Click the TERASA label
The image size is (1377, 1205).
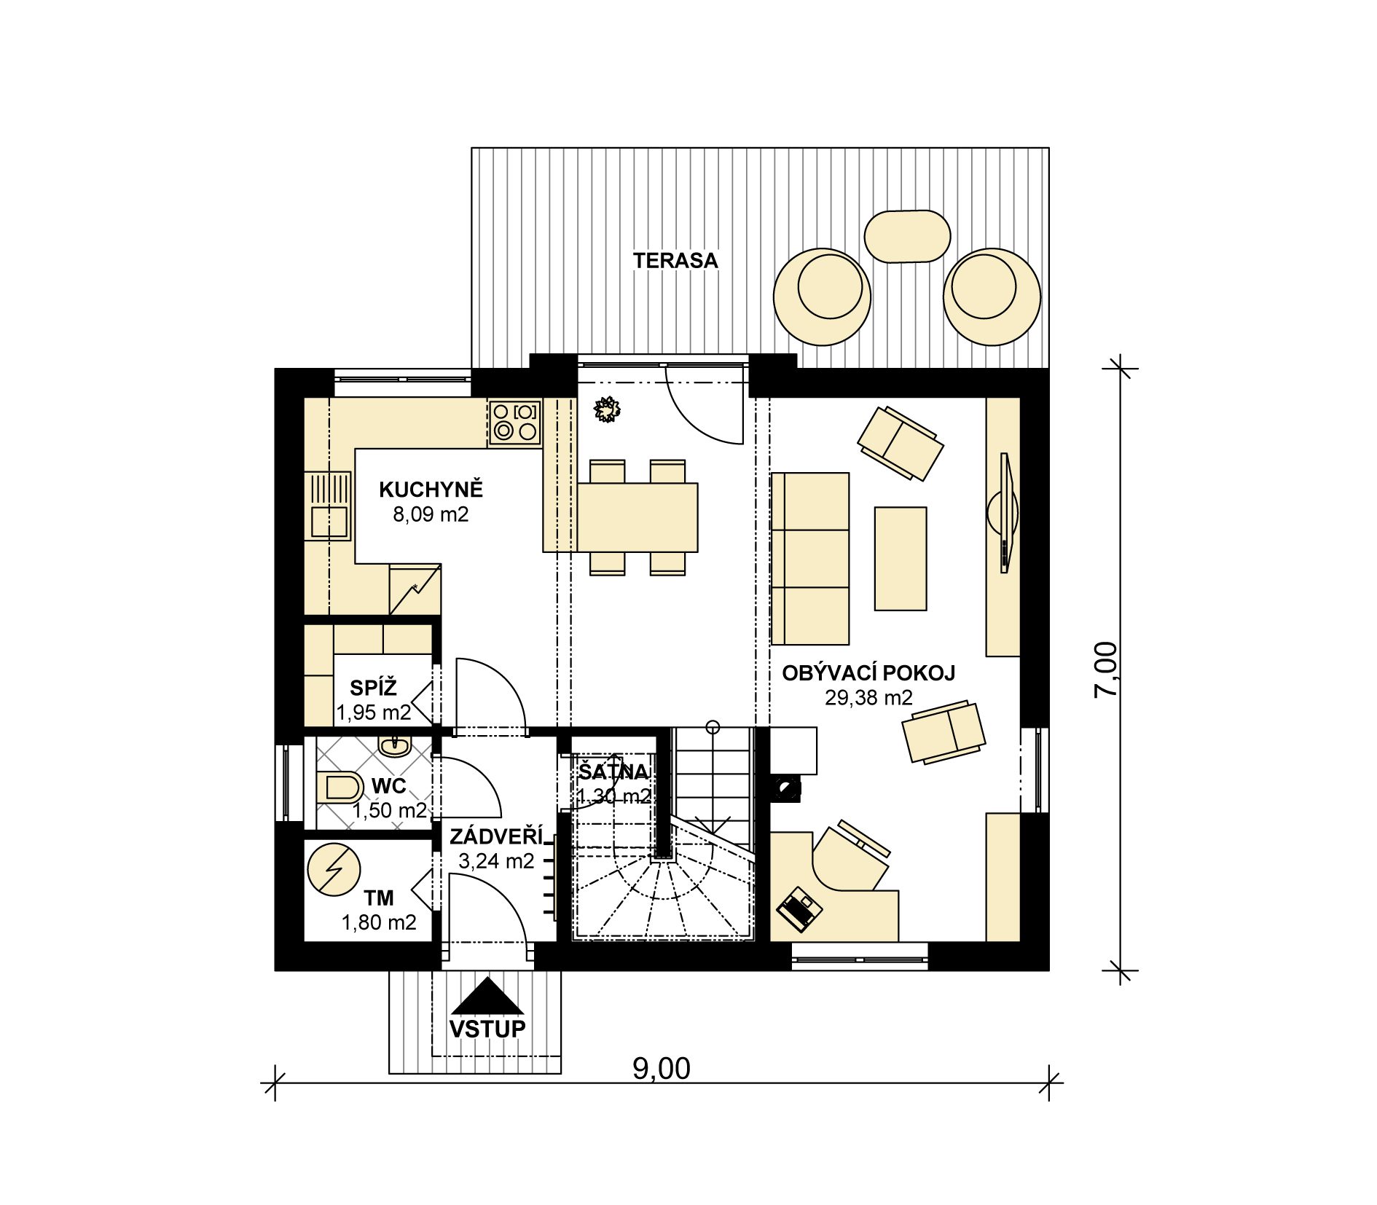pyautogui.click(x=675, y=260)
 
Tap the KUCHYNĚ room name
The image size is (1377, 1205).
pyautogui.click(x=431, y=489)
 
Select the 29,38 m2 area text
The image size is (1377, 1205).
pyautogui.click(x=868, y=697)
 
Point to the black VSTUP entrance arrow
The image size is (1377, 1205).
pyautogui.click(x=487, y=996)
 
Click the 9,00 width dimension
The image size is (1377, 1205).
pyautogui.click(x=661, y=1068)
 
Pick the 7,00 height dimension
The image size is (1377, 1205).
pyautogui.click(x=1105, y=669)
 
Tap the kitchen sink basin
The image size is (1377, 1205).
pyautogui.click(x=329, y=522)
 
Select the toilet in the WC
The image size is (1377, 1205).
pyautogui.click(x=340, y=788)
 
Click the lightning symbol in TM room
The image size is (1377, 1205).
pyautogui.click(x=334, y=868)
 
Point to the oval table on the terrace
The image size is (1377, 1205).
pyautogui.click(x=907, y=236)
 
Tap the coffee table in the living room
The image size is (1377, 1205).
pyautogui.click(x=901, y=558)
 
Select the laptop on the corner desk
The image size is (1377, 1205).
pyautogui.click(x=799, y=908)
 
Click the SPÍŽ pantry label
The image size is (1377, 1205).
pyautogui.click(x=373, y=687)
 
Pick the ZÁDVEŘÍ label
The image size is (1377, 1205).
pyautogui.click(x=497, y=836)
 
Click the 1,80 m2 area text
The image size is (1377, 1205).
pyautogui.click(x=379, y=922)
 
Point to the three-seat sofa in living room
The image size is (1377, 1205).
pyautogui.click(x=810, y=559)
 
